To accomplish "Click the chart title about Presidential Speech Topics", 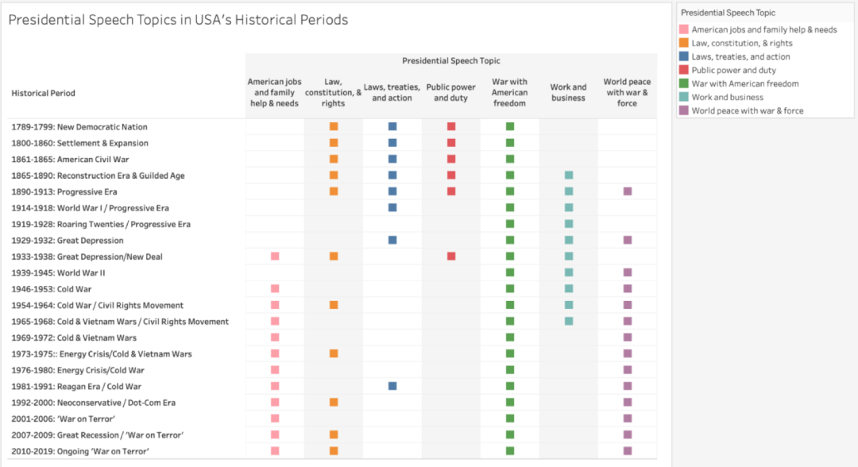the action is (x=179, y=20).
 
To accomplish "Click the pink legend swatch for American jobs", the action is (x=683, y=29).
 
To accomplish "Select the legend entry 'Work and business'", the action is (x=727, y=98).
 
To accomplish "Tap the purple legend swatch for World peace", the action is (x=683, y=110).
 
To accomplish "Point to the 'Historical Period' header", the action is (x=43, y=93).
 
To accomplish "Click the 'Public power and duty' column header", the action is (x=451, y=92).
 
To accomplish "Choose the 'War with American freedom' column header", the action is (x=509, y=92).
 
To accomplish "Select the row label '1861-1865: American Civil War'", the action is (x=70, y=159).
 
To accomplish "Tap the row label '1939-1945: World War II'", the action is (x=58, y=273).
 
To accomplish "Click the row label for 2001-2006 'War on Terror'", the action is (x=63, y=419).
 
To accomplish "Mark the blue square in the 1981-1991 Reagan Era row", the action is (x=392, y=386).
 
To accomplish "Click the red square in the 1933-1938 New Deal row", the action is (x=451, y=256).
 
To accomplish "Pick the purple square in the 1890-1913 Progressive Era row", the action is (x=628, y=191).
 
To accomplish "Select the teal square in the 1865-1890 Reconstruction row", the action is (x=569, y=175).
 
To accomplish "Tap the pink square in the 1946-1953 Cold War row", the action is (x=275, y=289).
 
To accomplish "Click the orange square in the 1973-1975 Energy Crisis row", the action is (x=334, y=353).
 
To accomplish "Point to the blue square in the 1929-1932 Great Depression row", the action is (x=392, y=240).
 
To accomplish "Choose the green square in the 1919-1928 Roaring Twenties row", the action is (x=510, y=224).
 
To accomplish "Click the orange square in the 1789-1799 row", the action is (x=334, y=126).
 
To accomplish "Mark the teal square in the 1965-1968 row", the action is (x=569, y=321).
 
